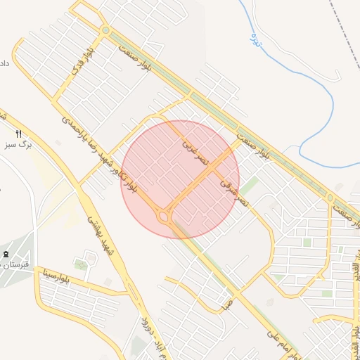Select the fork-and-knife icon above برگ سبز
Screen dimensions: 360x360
point(19,134)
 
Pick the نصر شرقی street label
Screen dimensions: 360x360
point(235,192)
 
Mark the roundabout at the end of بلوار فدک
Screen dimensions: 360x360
point(105,30)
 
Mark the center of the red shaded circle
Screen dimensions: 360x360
point(181,179)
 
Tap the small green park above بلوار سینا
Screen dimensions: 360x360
point(82,264)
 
